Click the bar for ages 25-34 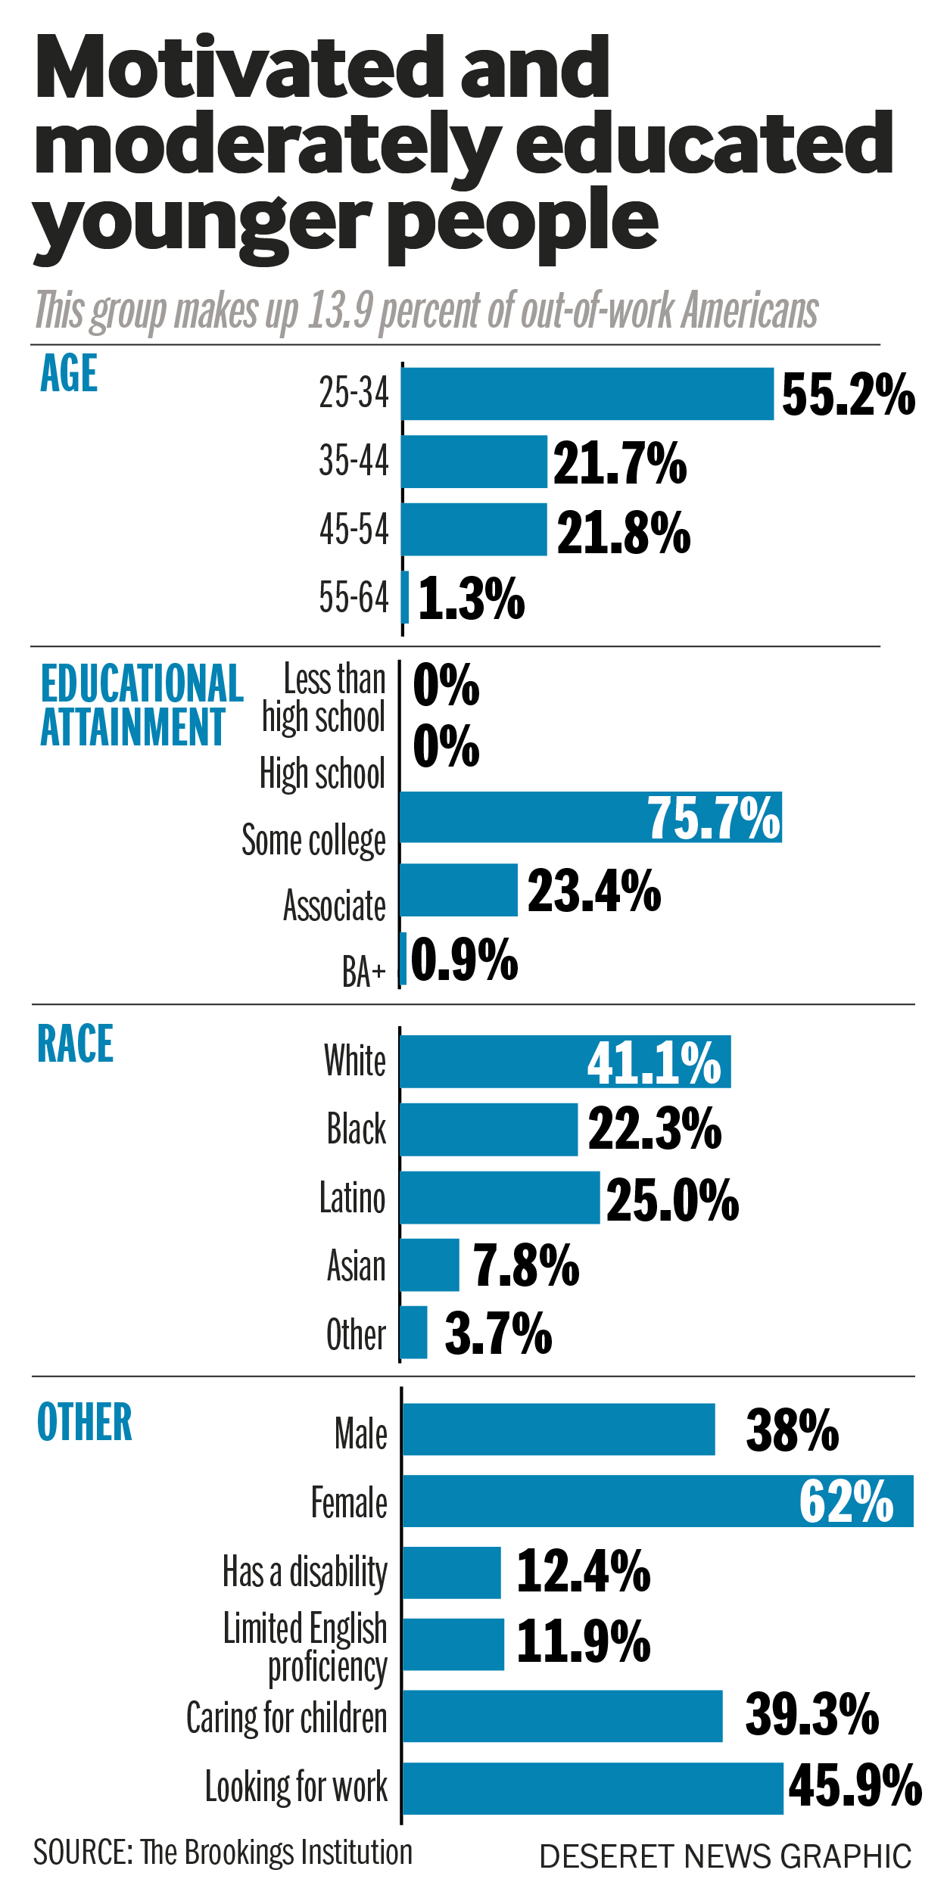click(587, 394)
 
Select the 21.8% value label click(624, 532)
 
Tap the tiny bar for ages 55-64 click(406, 597)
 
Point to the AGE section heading click(69, 373)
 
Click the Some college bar click(590, 817)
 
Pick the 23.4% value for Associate click(594, 891)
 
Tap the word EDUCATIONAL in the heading click(142, 683)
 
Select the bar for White click(565, 1062)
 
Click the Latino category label click(353, 1198)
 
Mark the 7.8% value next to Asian click(526, 1265)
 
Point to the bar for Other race click(414, 1333)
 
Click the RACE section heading click(75, 1044)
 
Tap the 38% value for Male click(793, 1430)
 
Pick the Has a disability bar click(452, 1573)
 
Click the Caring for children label click(287, 1717)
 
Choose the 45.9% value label click(855, 1786)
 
